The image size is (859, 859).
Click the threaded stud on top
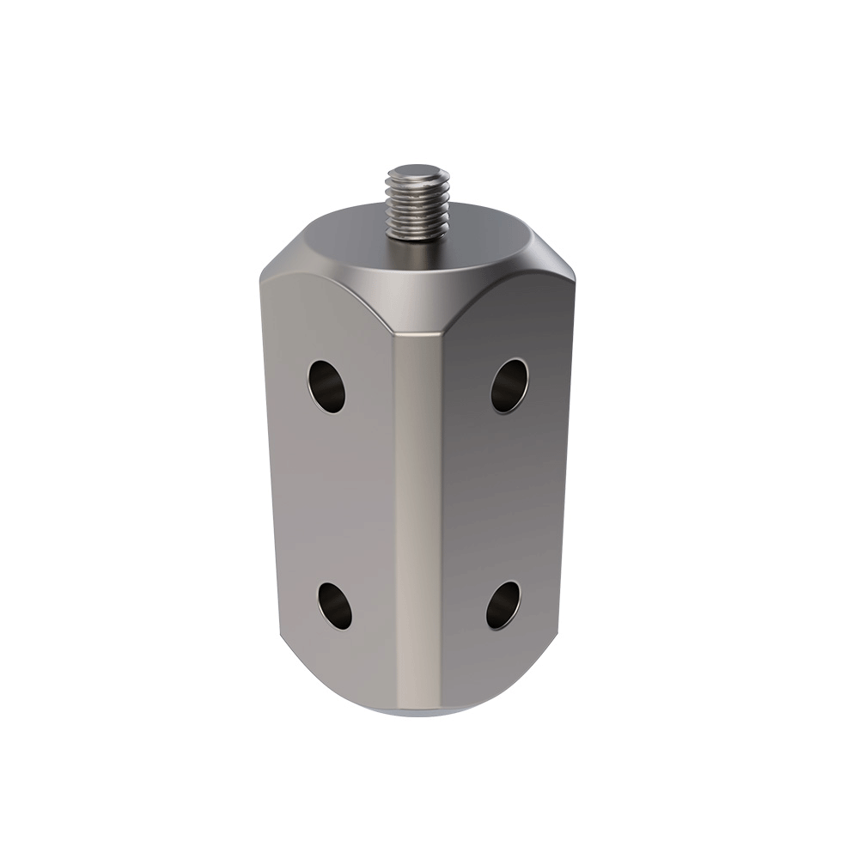[417, 206]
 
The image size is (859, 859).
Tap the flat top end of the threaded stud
[418, 172]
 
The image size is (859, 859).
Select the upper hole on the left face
[327, 386]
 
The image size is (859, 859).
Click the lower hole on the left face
[335, 605]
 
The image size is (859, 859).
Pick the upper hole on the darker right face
[509, 385]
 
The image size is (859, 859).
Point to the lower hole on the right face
[503, 605]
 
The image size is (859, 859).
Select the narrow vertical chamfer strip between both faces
[418, 515]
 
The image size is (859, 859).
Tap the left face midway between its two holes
[331, 496]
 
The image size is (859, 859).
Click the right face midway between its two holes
[507, 496]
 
